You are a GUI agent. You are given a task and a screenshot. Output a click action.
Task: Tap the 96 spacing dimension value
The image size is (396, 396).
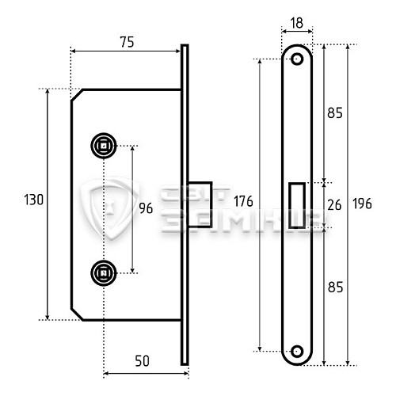point(145,209)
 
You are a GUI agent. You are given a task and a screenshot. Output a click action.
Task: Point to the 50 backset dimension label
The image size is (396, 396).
point(142,361)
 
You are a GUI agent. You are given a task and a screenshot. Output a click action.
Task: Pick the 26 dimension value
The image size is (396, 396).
point(334,205)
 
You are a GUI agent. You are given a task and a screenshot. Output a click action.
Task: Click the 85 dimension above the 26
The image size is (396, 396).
point(334,113)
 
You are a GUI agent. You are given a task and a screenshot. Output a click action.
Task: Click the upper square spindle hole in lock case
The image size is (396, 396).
point(103,145)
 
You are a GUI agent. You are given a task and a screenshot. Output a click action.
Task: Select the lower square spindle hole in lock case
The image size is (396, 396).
point(103,273)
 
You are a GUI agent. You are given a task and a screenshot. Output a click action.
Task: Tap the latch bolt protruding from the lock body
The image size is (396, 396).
point(201,204)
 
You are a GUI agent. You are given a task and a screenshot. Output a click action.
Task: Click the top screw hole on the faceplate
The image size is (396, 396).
point(298,59)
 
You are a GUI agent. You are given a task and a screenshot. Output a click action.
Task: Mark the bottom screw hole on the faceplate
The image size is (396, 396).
point(298,350)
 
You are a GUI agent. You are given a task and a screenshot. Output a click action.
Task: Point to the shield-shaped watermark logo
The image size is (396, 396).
point(111,208)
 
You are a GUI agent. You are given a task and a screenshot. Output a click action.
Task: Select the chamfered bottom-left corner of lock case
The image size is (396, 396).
point(79,312)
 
